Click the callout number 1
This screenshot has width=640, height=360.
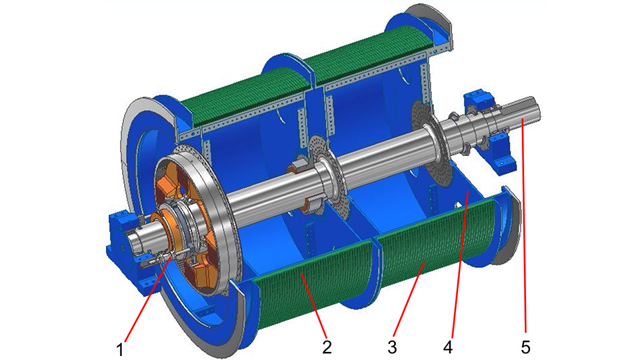pyautogui.click(x=119, y=350)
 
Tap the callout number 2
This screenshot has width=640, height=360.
pyautogui.click(x=327, y=347)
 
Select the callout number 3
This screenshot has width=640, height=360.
pyautogui.click(x=392, y=347)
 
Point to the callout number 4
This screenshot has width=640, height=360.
pyautogui.click(x=448, y=347)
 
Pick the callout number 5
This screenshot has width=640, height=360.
pyautogui.click(x=525, y=347)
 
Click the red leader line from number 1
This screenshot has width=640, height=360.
pyautogui.click(x=147, y=297)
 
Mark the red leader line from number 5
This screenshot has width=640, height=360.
pyautogui.click(x=524, y=225)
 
